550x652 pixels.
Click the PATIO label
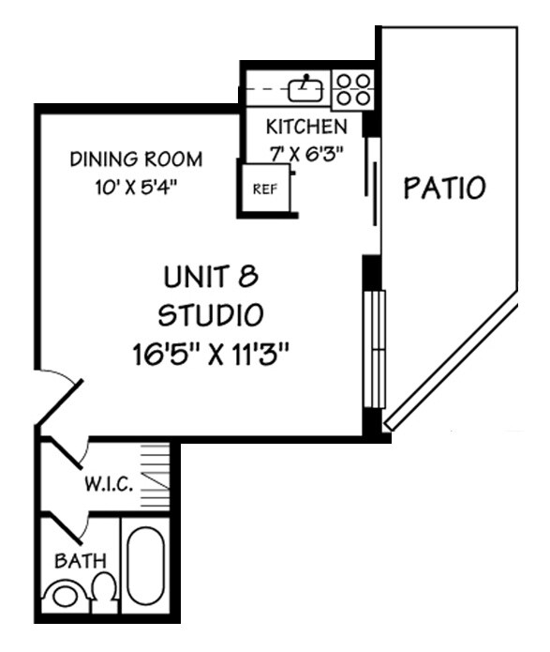[x=444, y=188]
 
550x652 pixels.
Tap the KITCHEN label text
[x=306, y=127]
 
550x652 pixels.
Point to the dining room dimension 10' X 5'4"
[x=136, y=186]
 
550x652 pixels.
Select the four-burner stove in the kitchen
[x=353, y=89]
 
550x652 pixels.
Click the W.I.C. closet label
[x=108, y=485]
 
